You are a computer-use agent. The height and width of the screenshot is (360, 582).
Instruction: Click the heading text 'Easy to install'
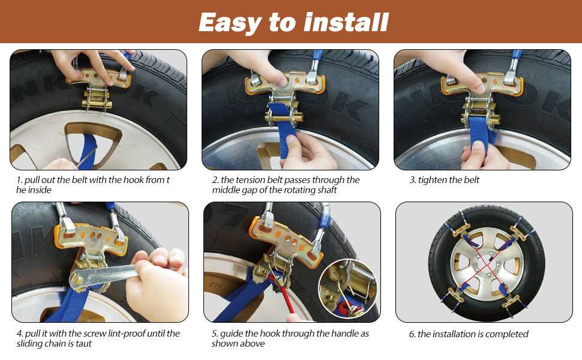click(x=293, y=22)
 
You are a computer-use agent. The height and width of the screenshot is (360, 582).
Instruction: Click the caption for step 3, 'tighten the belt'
click(x=445, y=180)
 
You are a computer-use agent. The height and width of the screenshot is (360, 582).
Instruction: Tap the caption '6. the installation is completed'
click(x=469, y=334)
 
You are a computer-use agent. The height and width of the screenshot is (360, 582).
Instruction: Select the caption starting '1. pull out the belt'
click(x=93, y=185)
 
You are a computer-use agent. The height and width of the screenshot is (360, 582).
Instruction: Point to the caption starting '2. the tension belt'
click(x=286, y=185)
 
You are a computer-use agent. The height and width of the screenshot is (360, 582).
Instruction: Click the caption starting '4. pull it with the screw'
click(x=97, y=338)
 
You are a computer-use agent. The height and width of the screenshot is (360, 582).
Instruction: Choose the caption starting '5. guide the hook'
click(x=290, y=338)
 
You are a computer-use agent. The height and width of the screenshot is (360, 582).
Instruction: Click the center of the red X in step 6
click(x=486, y=262)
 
